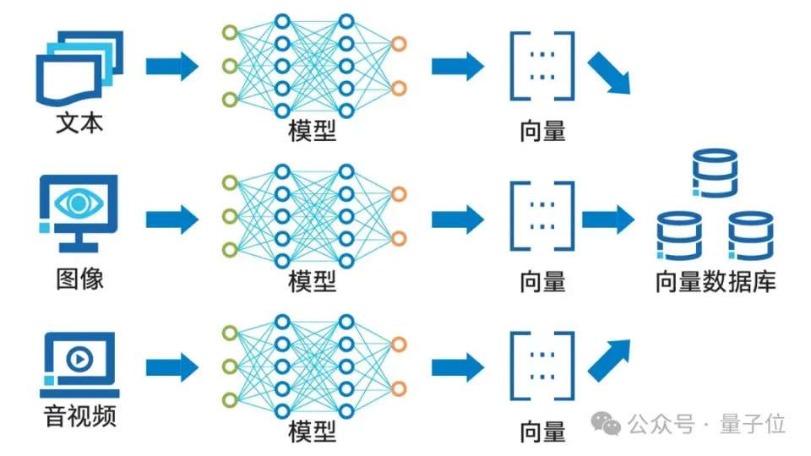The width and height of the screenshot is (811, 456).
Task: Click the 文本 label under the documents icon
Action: tap(79, 123)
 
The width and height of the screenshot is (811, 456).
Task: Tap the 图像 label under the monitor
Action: tap(79, 280)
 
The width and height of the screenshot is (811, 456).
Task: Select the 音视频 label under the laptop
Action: tap(79, 416)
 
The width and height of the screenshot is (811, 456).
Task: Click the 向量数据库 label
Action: tap(716, 282)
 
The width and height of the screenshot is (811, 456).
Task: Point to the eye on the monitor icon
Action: tap(79, 203)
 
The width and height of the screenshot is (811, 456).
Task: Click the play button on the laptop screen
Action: tap(79, 358)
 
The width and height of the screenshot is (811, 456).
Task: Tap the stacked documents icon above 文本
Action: tap(79, 68)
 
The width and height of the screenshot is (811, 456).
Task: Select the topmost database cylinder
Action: tap(716, 173)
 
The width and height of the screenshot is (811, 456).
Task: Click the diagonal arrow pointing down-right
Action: tap(609, 73)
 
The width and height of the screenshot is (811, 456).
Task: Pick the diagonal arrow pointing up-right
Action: tap(609, 361)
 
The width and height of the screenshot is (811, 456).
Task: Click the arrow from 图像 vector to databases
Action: tap(608, 220)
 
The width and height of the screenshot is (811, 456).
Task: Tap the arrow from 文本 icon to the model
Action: tap(172, 66)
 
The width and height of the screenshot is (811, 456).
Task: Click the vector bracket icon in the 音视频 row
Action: tap(542, 366)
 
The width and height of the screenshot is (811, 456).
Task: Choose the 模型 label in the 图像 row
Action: tap(312, 282)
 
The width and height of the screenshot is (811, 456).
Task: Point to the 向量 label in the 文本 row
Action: tap(542, 132)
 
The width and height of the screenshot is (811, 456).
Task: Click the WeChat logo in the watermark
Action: tap(606, 423)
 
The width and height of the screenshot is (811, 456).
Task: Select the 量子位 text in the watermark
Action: tap(753, 424)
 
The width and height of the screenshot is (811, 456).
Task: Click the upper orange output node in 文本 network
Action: tap(399, 44)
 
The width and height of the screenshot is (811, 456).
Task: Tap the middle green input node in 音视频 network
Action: tap(230, 366)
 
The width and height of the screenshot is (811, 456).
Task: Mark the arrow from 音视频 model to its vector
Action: tap(458, 367)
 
